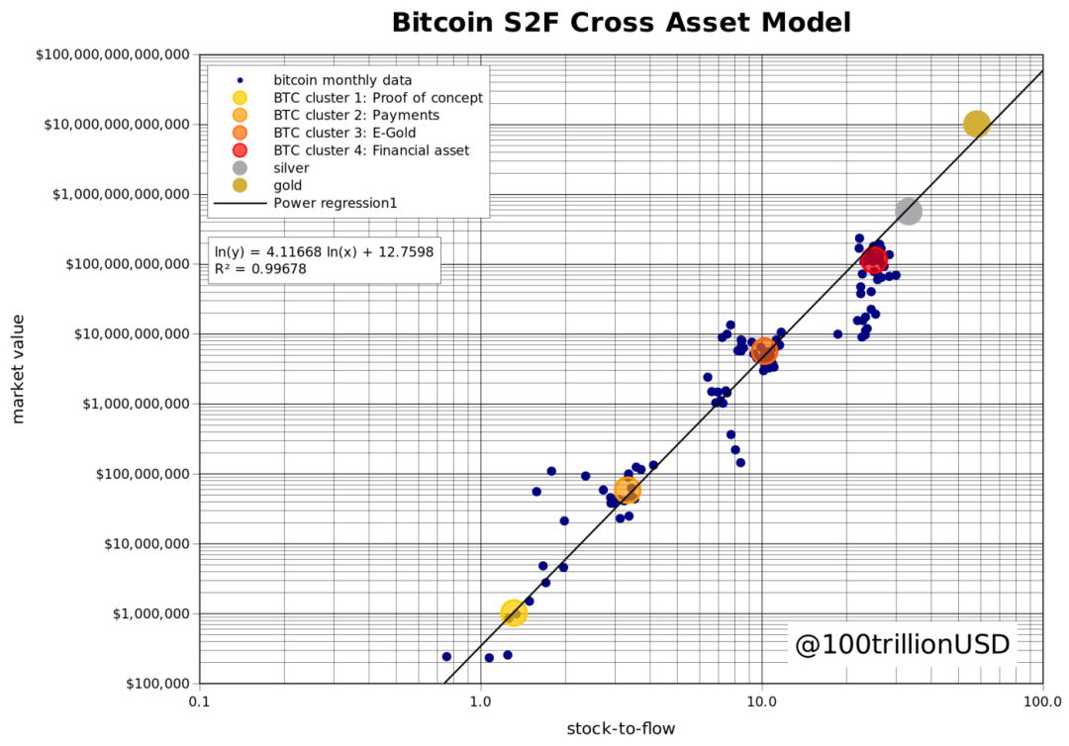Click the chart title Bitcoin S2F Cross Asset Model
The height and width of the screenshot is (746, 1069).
621,23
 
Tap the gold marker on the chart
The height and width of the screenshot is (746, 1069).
977,124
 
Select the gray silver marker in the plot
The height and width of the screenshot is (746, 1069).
909,211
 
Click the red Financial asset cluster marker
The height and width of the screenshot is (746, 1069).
874,260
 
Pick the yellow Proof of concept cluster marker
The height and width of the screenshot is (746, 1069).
513,612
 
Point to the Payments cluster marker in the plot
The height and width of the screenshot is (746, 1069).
628,490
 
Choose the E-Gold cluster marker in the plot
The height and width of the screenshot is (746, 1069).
764,350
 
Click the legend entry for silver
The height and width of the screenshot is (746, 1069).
291,168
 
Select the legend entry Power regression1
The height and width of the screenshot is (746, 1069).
336,203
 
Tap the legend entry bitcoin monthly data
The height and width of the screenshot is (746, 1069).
342,79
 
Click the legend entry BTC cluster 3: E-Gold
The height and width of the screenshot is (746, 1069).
344,133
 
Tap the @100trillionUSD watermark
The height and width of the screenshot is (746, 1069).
902,645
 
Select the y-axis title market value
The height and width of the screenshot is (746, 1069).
19,369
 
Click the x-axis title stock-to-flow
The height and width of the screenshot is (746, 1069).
621,729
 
